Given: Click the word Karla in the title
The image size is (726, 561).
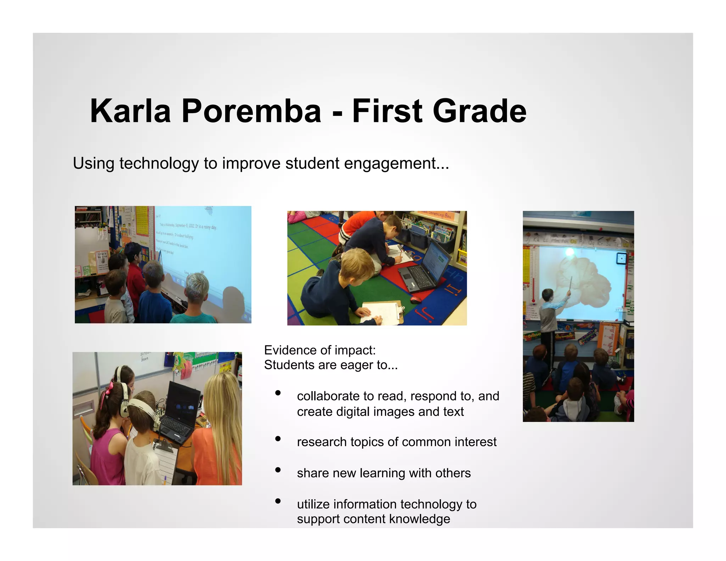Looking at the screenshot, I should pyautogui.click(x=130, y=111).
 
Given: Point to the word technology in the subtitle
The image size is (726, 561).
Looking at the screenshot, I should pyautogui.click(x=159, y=163).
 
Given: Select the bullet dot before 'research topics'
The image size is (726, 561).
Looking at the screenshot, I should pyautogui.click(x=278, y=439).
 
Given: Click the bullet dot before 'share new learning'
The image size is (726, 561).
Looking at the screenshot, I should pyautogui.click(x=278, y=470).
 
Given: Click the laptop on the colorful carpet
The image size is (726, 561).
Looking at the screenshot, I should pyautogui.click(x=425, y=270).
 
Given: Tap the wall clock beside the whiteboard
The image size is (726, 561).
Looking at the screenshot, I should pyautogui.click(x=621, y=259).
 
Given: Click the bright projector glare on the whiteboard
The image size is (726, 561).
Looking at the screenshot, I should pyautogui.click(x=570, y=252).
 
